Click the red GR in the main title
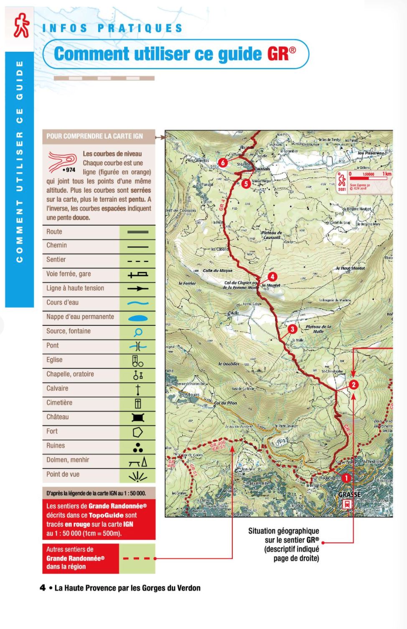(x=278, y=54)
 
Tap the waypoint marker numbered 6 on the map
(x=223, y=162)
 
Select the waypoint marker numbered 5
(x=246, y=184)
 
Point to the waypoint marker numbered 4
(x=272, y=277)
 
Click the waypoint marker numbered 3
(x=292, y=329)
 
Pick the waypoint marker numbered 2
(x=354, y=385)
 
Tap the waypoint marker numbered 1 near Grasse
(x=346, y=478)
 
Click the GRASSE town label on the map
(x=349, y=494)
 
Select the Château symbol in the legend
(x=137, y=417)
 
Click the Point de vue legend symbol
(x=137, y=475)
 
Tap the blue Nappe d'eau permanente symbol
(x=137, y=318)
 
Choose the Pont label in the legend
(x=53, y=345)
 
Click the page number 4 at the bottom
(x=43, y=588)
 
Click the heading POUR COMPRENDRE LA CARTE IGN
(x=94, y=136)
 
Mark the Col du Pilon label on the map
(x=225, y=403)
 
